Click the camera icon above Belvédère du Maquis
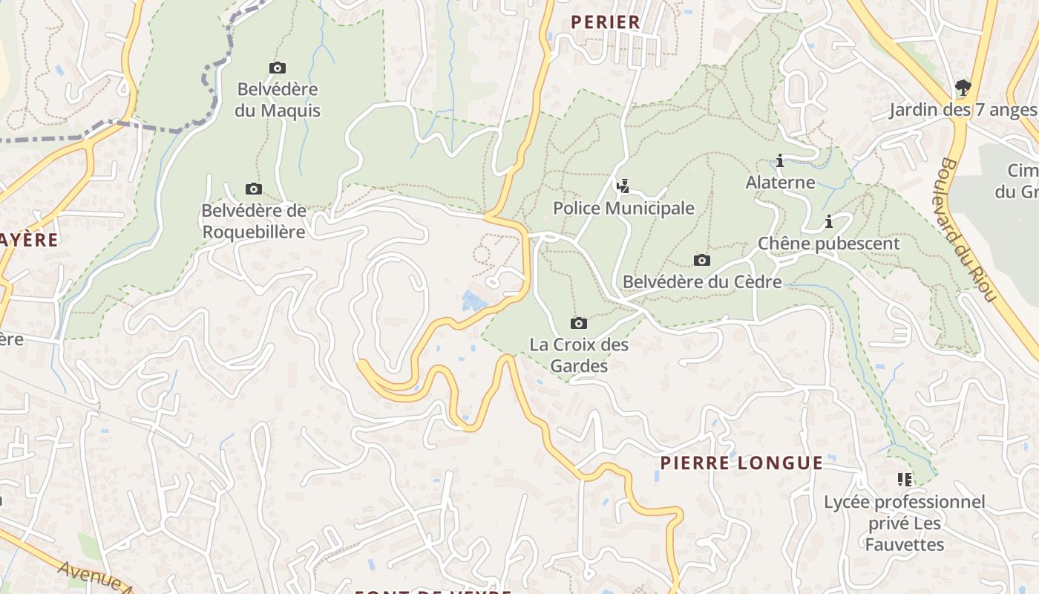[x=278, y=68]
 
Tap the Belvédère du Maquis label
[x=278, y=100]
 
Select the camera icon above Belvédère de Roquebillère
[x=253, y=189]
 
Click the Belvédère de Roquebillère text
[x=253, y=221]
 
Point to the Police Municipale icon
[x=623, y=186]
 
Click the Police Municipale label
[x=623, y=209]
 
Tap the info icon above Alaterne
[x=780, y=160]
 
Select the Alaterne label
[x=780, y=183]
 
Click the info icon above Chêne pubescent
[x=828, y=221]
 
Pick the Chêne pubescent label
[x=828, y=244]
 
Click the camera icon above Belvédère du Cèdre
[x=701, y=260]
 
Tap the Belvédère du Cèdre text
[x=701, y=282]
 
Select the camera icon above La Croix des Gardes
[x=579, y=323]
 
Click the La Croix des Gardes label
[x=579, y=355]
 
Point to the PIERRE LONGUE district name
[x=741, y=463]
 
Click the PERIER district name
[x=605, y=22]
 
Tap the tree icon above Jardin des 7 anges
[x=963, y=88]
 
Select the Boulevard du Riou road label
[x=967, y=230]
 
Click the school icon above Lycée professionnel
[x=904, y=480]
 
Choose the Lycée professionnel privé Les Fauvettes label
[x=904, y=523]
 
